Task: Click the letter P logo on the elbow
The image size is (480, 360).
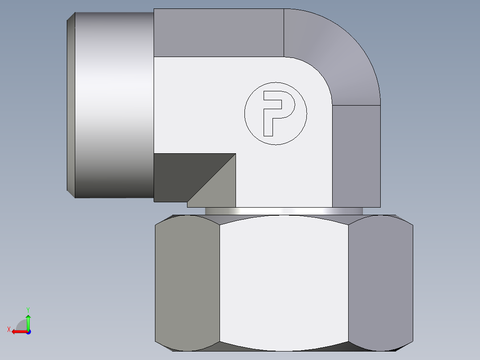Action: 276,113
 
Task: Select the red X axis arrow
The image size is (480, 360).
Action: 19,331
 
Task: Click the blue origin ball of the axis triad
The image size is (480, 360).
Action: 28,331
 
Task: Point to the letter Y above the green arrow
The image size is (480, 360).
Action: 28,309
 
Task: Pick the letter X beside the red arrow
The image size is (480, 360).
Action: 8,329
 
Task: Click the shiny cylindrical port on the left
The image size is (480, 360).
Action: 114,105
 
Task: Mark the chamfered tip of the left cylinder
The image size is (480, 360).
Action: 71,105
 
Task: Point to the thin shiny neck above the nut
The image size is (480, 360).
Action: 284,211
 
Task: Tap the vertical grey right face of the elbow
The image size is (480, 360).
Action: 356,156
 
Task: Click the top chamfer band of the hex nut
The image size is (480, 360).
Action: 284,219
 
